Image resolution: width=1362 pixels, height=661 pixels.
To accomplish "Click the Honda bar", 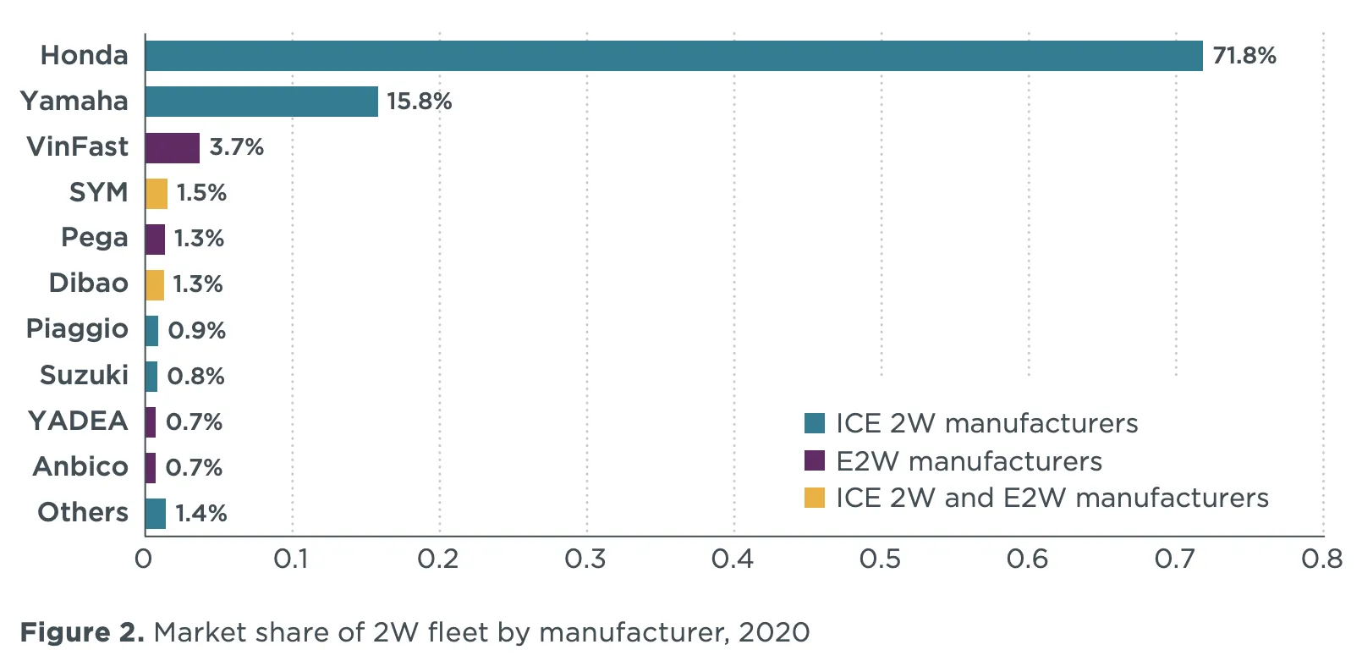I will pyautogui.click(x=673, y=56).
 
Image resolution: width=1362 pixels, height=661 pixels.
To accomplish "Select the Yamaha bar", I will pyautogui.click(x=261, y=102).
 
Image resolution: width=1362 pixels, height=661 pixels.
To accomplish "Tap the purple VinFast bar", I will pyautogui.click(x=173, y=147).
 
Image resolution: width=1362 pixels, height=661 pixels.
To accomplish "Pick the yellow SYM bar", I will pyautogui.click(x=157, y=193).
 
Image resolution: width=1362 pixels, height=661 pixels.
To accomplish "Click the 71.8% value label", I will pyautogui.click(x=1244, y=56).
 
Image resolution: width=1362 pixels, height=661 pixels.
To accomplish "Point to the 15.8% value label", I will pyautogui.click(x=419, y=102).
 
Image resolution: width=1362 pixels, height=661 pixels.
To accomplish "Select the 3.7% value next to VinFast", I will pyautogui.click(x=236, y=147).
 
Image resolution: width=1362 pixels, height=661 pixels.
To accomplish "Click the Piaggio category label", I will pyautogui.click(x=77, y=329).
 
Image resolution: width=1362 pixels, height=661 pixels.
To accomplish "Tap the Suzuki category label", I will pyautogui.click(x=84, y=375).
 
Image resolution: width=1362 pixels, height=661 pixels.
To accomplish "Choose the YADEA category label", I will pyautogui.click(x=78, y=421).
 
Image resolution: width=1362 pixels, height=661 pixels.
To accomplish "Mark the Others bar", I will pyautogui.click(x=156, y=513).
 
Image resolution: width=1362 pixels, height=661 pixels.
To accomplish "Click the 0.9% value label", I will pyautogui.click(x=196, y=330).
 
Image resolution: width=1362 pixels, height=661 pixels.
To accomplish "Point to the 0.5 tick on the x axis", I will pyautogui.click(x=880, y=559).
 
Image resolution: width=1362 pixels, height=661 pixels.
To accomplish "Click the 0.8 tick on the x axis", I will pyautogui.click(x=1321, y=559).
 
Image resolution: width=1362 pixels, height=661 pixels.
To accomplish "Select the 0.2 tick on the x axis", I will pyautogui.click(x=438, y=559).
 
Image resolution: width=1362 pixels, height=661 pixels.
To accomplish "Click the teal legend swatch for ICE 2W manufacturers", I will pyautogui.click(x=814, y=423).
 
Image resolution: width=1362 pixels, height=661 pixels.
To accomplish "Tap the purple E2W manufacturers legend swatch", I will pyautogui.click(x=814, y=460).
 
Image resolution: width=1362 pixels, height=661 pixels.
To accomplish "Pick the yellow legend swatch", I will pyautogui.click(x=814, y=498).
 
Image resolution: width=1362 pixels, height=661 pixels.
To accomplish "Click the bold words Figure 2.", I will pyautogui.click(x=82, y=632).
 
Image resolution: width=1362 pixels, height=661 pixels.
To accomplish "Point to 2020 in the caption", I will pyautogui.click(x=773, y=632).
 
